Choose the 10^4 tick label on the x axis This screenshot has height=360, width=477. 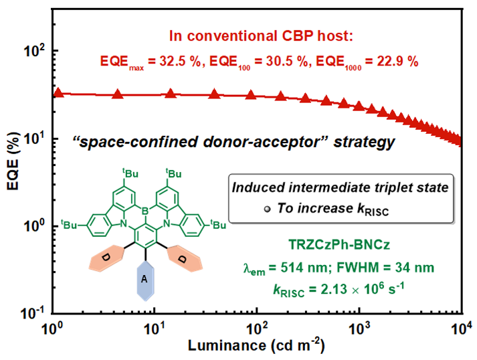461,329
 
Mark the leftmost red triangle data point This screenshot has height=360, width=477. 58,94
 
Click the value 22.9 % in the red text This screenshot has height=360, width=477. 395,62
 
